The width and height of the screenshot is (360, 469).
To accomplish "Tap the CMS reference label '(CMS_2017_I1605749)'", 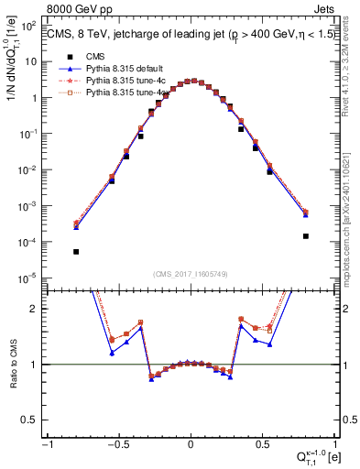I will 191,274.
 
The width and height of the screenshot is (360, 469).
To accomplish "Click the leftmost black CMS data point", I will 76,252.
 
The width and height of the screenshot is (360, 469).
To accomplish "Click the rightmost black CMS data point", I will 305,236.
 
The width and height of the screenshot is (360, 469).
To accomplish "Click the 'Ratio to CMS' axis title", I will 13,364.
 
